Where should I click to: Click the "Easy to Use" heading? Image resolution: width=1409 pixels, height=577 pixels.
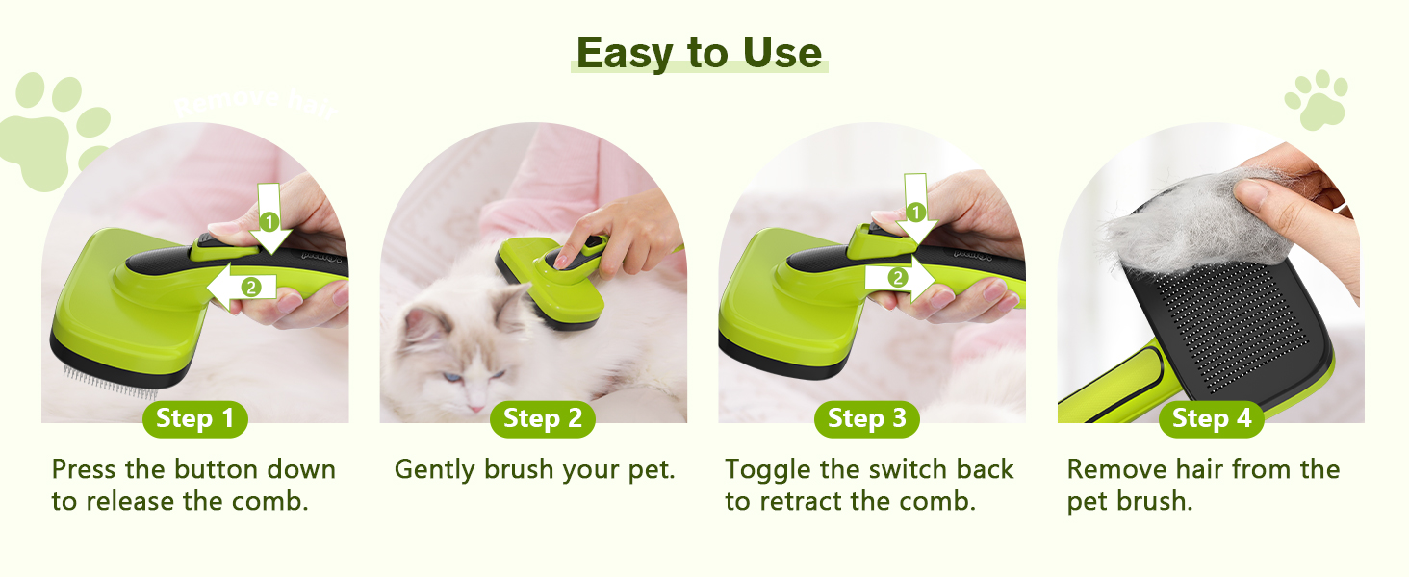(700, 52)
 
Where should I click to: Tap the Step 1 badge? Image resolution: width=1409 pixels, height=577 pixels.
(194, 418)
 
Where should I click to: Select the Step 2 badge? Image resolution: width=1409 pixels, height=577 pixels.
(543, 418)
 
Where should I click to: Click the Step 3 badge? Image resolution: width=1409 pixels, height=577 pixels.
(867, 418)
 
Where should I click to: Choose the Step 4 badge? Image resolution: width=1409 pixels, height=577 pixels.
(1211, 418)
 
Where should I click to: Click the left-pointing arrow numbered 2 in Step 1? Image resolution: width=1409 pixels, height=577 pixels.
(241, 287)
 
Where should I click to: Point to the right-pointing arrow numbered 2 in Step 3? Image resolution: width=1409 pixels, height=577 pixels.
(901, 279)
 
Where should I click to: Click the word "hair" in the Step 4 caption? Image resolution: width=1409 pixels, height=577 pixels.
(1191, 469)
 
